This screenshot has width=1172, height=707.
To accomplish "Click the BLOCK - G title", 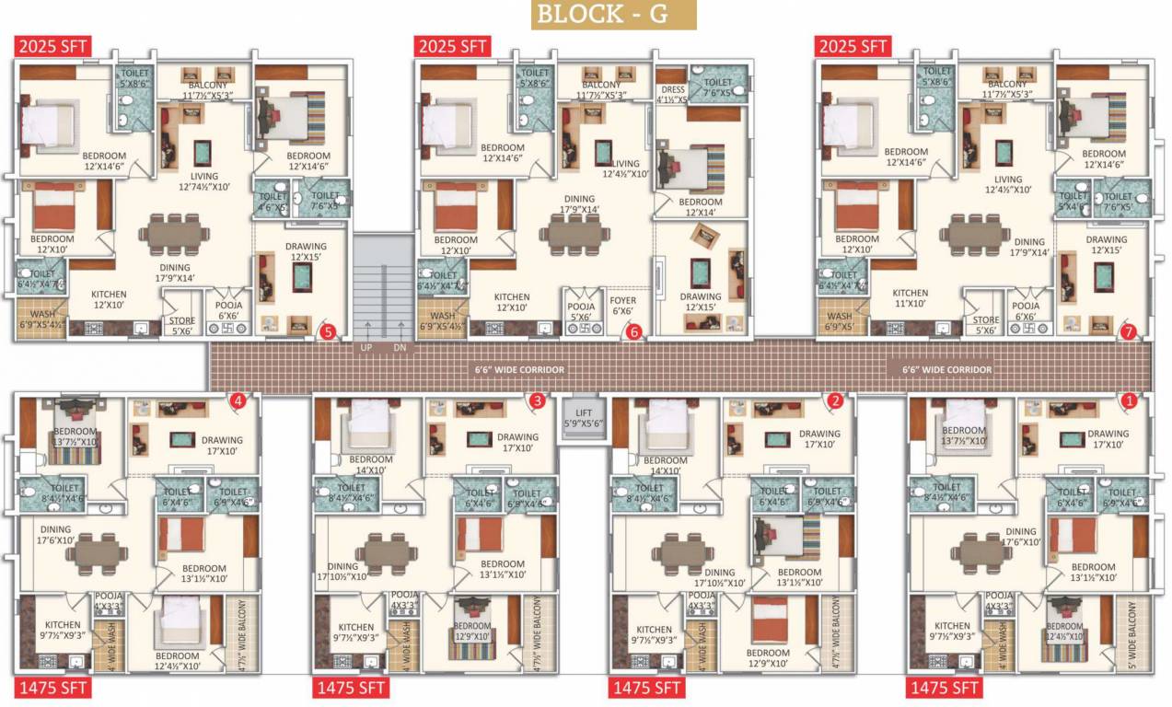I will click(613, 15).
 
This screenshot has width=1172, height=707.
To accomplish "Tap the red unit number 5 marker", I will click(326, 332).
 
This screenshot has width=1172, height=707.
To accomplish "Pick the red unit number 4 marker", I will click(238, 400).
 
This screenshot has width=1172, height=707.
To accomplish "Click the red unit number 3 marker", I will click(537, 400).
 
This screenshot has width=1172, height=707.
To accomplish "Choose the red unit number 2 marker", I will click(835, 400).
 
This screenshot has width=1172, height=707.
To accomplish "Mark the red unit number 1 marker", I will click(1129, 400).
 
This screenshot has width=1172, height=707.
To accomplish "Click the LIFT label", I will click(584, 413).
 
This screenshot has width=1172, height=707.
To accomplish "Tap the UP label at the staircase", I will click(366, 348).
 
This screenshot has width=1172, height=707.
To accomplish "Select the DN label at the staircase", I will click(400, 348).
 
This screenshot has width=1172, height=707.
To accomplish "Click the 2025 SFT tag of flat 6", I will click(452, 46).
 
